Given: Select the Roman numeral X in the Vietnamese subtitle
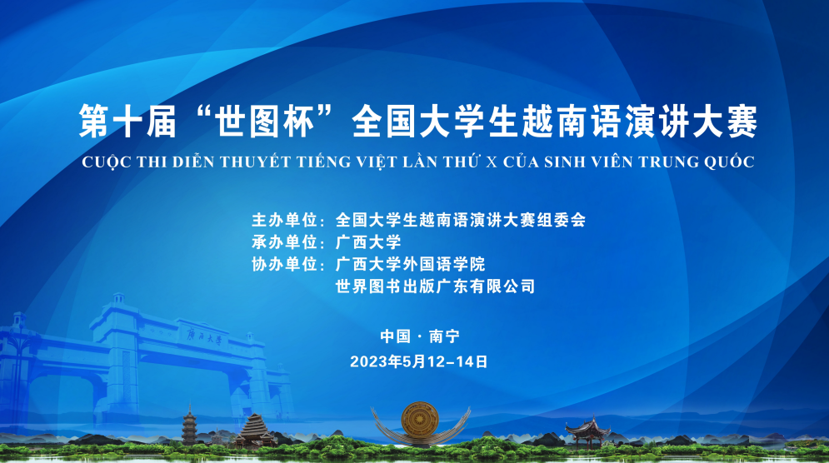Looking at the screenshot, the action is [x=492, y=162].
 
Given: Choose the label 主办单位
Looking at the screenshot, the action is [x=284, y=220].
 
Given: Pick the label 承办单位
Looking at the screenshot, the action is [x=284, y=242].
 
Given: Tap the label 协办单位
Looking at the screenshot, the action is [x=284, y=264].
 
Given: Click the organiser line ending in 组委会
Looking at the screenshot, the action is [x=461, y=220].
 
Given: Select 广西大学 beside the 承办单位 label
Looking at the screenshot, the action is [x=368, y=242].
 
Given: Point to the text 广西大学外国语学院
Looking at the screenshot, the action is [x=410, y=264].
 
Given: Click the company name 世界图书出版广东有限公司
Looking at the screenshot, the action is [x=435, y=286].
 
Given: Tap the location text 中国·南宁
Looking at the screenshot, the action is [x=420, y=336].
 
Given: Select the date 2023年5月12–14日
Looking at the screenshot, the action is [x=419, y=362].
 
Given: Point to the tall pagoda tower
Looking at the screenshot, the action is [x=189, y=426].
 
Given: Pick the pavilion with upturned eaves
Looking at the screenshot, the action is [x=587, y=431].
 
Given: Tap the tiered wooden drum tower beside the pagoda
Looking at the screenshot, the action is [x=255, y=431].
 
